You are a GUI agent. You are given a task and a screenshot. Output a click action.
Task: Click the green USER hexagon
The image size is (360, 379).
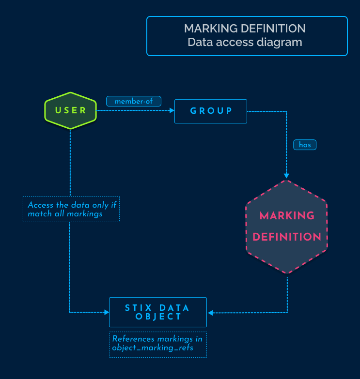71,110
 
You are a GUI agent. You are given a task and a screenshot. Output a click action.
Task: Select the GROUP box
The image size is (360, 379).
211,111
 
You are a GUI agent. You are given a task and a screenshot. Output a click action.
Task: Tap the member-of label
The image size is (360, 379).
134,102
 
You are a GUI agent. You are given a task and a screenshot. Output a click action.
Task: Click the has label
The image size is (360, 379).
305,144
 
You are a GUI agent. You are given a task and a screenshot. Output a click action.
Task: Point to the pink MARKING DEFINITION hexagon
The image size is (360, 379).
287,227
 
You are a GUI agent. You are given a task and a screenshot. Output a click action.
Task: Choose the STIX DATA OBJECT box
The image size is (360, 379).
158,312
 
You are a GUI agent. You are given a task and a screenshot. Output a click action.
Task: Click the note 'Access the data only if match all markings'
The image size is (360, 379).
71,209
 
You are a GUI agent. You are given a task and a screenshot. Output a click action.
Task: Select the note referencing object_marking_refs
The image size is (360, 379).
158,344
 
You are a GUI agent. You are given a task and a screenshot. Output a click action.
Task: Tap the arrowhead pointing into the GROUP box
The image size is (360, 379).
172,111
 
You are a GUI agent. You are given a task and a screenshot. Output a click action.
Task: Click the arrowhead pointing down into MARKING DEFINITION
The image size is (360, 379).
287,175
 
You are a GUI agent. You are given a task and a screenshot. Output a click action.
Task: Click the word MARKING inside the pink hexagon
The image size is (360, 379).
287,216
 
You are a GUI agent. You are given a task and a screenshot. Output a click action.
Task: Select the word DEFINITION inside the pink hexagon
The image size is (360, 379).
287,237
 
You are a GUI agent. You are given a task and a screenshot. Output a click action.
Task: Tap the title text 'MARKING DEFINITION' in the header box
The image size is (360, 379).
245,28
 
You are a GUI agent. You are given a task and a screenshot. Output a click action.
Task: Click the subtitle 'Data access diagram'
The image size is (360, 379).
245,42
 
